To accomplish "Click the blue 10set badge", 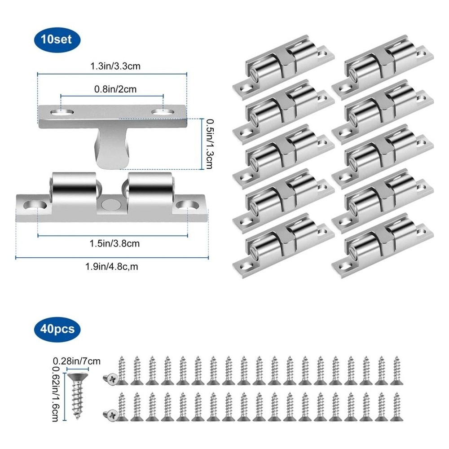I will pyautogui.click(x=56, y=40).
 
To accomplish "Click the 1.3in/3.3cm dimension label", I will pyautogui.click(x=112, y=66).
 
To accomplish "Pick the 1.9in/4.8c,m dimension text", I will pyautogui.click(x=112, y=266).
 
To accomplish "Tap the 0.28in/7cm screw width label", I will pyautogui.click(x=77, y=361).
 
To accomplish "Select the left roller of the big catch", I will pyautogui.click(x=74, y=191).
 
